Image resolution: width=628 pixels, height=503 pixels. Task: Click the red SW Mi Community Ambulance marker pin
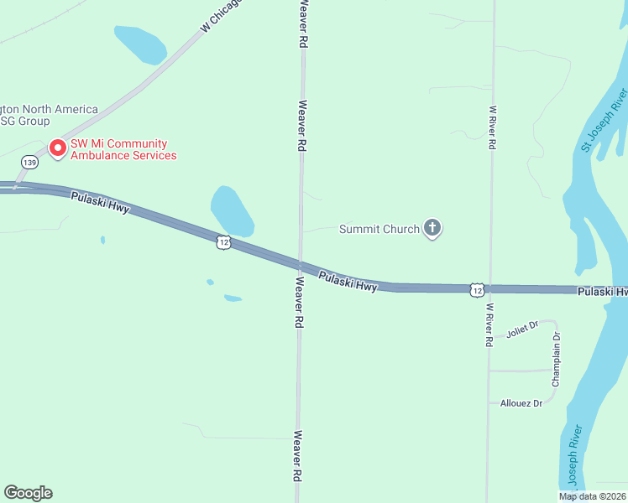(x=58, y=148)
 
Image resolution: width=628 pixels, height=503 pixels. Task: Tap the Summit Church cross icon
(x=432, y=228)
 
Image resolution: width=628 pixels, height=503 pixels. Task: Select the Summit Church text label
(x=379, y=229)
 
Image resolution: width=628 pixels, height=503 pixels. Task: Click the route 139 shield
(x=30, y=162)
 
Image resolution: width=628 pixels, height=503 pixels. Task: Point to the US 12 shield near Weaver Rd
(x=222, y=241)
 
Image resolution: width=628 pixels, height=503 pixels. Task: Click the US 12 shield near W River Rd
(x=477, y=289)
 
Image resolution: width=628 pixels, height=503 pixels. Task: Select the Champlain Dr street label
(x=556, y=358)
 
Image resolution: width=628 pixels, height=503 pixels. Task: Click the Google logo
(x=28, y=493)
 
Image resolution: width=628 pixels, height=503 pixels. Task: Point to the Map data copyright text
(x=593, y=496)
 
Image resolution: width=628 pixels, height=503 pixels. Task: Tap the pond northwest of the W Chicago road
(x=140, y=44)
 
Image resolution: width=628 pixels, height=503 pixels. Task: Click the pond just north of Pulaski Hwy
(x=232, y=210)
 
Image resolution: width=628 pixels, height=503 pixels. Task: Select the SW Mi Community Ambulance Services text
(x=123, y=149)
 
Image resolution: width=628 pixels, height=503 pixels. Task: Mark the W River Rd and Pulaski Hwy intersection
(x=489, y=289)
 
